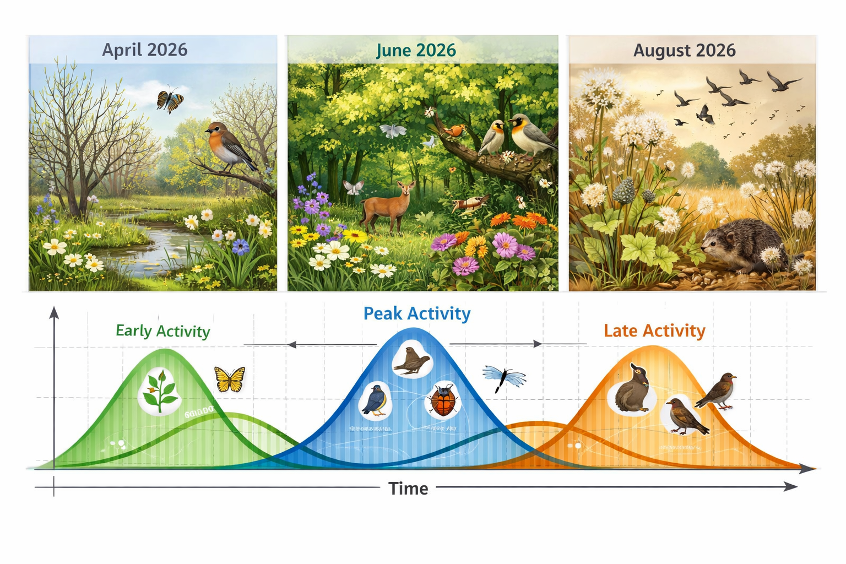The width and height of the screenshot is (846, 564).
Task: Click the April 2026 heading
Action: (x=145, y=50)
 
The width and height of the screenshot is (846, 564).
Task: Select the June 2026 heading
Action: (x=416, y=50)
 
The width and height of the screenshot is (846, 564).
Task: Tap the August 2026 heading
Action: (x=684, y=50)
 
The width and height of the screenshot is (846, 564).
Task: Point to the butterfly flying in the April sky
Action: (x=170, y=101)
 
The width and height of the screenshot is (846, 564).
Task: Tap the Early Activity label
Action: (x=162, y=330)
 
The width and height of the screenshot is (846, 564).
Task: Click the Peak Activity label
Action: (x=417, y=313)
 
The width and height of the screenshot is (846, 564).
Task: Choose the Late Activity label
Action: (x=654, y=330)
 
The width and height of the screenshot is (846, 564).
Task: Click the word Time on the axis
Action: (x=408, y=489)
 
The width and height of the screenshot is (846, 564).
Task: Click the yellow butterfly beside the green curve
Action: (x=230, y=379)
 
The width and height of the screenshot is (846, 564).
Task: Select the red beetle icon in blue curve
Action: (x=443, y=400)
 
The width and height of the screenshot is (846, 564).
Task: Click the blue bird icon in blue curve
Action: (x=376, y=400)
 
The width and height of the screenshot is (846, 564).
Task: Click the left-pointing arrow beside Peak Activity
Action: (x=292, y=345)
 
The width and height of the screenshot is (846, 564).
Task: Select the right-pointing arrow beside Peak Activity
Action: (x=537, y=344)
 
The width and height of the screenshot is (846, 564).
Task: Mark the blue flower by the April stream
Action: (x=240, y=246)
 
